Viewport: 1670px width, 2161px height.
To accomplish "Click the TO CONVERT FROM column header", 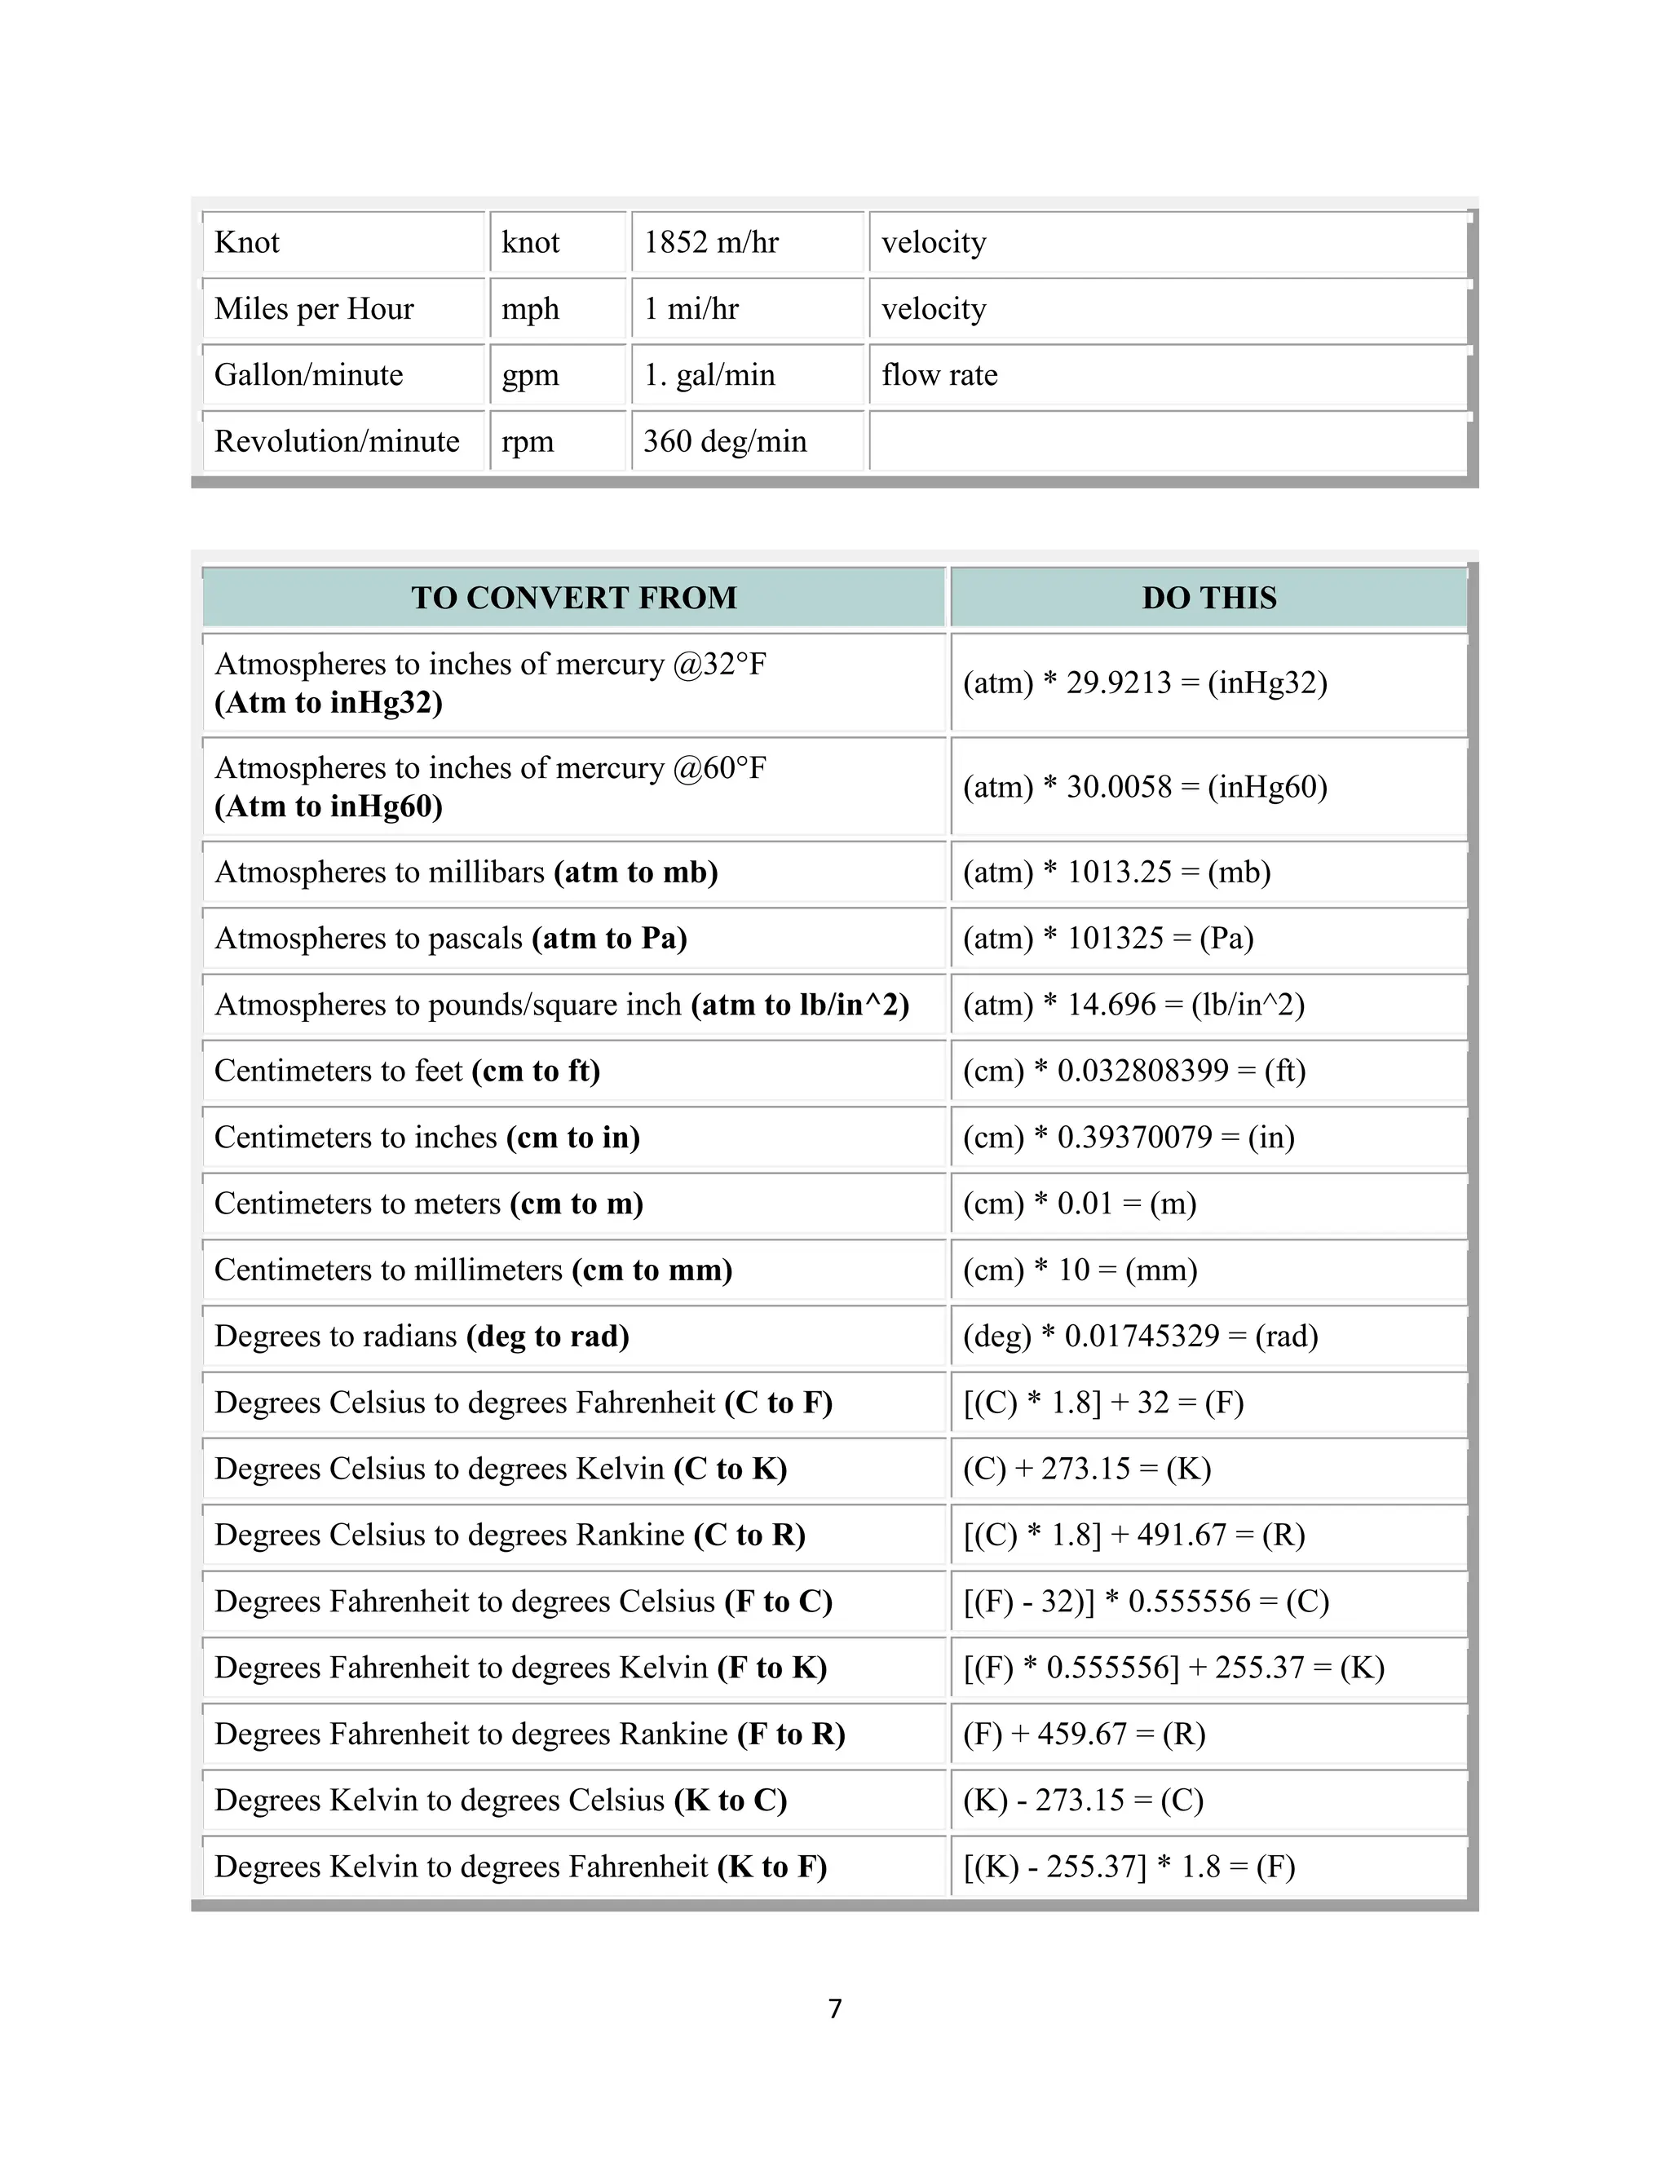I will pyautogui.click(x=574, y=598).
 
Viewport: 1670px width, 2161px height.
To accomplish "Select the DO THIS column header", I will pyautogui.click(x=1209, y=598).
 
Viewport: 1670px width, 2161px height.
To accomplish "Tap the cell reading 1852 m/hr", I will pyautogui.click(x=711, y=242).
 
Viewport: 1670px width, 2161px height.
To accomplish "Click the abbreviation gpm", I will pyautogui.click(x=530, y=375).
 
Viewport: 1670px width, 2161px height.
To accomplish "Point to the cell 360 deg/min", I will pyautogui.click(x=725, y=441).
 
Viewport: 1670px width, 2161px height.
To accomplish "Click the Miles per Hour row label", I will pyautogui.click(x=314, y=309).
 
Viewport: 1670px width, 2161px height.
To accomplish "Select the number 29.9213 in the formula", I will pyautogui.click(x=1118, y=683).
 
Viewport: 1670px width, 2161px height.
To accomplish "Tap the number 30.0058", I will pyautogui.click(x=1118, y=787).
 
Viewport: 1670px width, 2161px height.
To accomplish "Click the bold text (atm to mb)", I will pyautogui.click(x=635, y=872).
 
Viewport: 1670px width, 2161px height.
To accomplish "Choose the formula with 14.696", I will pyautogui.click(x=1133, y=1005).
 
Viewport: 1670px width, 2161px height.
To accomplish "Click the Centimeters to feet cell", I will pyautogui.click(x=407, y=1071).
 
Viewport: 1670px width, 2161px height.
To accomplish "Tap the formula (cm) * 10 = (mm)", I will pyautogui.click(x=1080, y=1270).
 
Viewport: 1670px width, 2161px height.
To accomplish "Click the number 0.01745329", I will pyautogui.click(x=1142, y=1336).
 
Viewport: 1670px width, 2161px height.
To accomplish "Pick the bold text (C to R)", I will pyautogui.click(x=749, y=1535).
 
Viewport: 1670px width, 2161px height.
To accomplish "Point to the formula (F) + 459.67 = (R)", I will pyautogui.click(x=1084, y=1734).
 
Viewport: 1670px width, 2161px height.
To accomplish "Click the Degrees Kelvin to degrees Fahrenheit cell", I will pyautogui.click(x=520, y=1866).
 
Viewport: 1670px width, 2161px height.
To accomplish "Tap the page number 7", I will pyautogui.click(x=835, y=2009).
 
